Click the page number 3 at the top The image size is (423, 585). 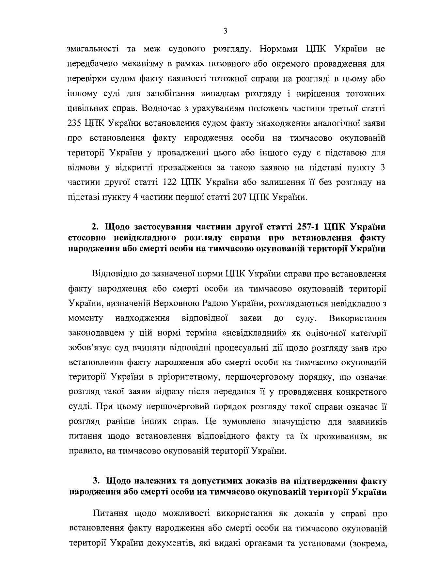click(226, 31)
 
